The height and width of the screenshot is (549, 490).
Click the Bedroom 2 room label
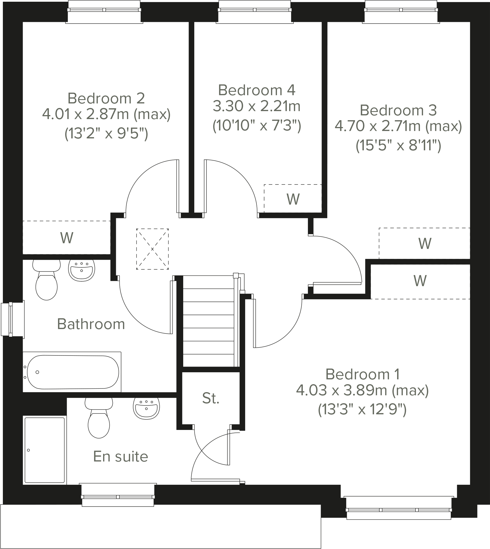[x=106, y=98]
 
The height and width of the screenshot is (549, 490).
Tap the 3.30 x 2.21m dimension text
[x=257, y=107]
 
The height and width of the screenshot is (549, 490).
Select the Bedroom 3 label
[x=398, y=110]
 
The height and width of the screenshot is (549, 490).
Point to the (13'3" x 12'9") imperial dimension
[x=362, y=409]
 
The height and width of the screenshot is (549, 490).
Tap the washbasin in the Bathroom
[x=82, y=270]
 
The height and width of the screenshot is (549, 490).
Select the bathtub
[x=72, y=372]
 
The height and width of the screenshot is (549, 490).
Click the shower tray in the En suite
[x=45, y=450]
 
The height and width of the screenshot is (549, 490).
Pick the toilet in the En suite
[x=99, y=419]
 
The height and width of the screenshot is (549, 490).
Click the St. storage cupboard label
[x=211, y=398]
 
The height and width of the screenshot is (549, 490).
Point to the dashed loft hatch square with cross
[x=153, y=249]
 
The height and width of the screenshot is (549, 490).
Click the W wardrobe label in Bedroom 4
[x=293, y=199]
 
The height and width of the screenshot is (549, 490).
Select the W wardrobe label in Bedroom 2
[x=67, y=238]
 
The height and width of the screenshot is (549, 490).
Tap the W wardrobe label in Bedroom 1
[x=420, y=281]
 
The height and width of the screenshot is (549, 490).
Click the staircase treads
[x=208, y=321]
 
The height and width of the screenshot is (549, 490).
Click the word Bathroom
[x=91, y=324]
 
